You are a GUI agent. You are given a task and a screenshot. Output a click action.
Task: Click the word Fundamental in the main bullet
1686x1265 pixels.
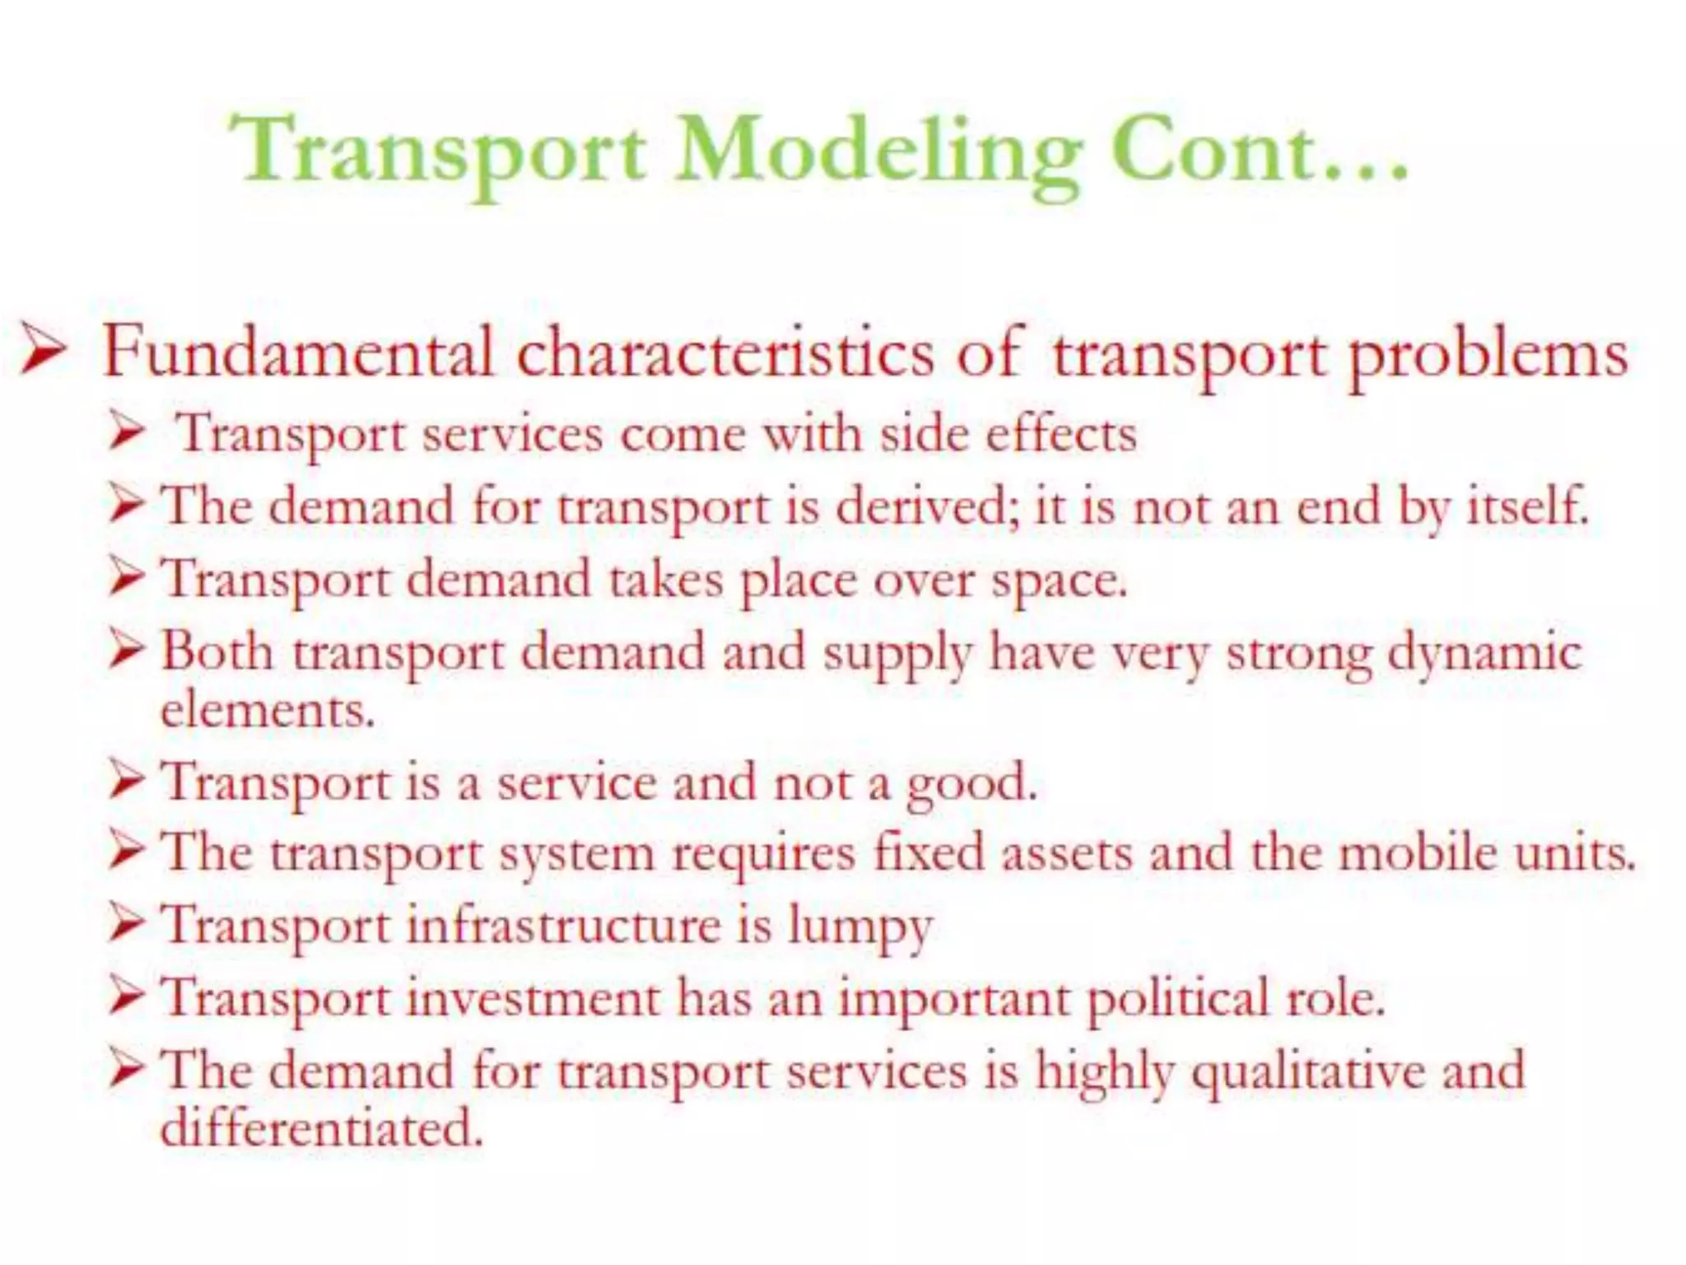298,352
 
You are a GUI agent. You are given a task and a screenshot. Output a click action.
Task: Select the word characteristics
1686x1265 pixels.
724,352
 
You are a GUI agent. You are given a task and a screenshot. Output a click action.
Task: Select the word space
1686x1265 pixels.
1059,581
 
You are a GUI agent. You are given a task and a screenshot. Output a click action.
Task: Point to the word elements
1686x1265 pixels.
268,710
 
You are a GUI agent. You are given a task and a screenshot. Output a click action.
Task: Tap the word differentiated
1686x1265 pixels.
321,1127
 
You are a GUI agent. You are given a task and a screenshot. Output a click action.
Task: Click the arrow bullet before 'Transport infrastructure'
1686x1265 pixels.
128,924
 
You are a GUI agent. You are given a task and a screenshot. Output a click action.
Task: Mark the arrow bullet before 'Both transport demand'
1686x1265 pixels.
128,651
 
